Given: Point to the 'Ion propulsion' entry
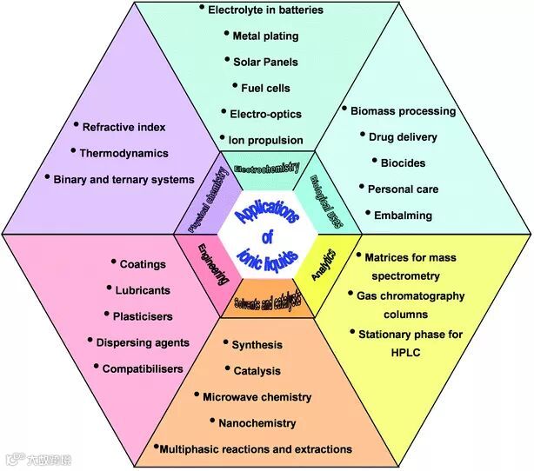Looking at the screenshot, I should (x=266, y=139).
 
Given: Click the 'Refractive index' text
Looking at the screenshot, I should (x=124, y=127).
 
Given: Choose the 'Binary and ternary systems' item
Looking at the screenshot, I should (x=124, y=179).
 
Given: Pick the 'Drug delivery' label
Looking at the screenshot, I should (x=403, y=136).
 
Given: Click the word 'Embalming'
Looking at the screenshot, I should (x=403, y=215).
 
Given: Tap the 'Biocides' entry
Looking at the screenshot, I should (x=404, y=163).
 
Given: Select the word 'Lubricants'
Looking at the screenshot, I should (x=143, y=289).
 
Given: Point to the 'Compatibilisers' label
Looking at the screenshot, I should (x=143, y=368).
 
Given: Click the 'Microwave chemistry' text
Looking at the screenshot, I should (x=257, y=397).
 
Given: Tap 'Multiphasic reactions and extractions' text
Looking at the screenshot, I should (x=257, y=449).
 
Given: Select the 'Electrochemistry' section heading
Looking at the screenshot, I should (x=267, y=166).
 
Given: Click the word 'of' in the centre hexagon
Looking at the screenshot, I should (x=268, y=235).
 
